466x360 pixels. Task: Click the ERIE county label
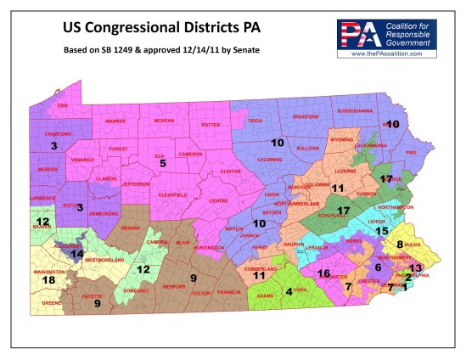point(61,105)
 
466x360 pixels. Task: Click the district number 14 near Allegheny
point(77,253)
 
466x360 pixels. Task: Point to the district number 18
point(50,279)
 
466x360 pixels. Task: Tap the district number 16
point(323,273)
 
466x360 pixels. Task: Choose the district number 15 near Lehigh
point(382,230)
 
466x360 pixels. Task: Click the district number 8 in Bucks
point(399,245)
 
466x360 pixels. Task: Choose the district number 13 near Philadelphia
point(415,267)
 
